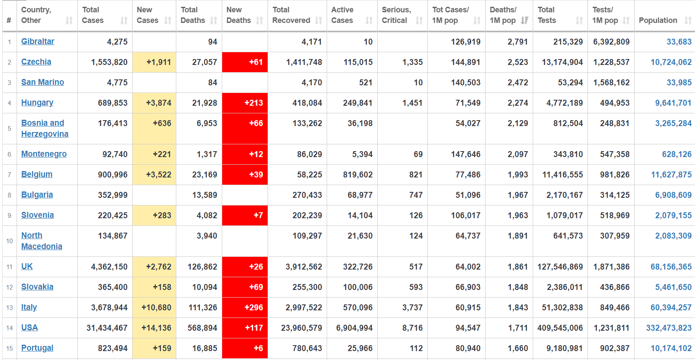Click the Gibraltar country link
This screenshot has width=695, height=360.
click(38, 42)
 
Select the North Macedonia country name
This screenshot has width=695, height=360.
click(41, 241)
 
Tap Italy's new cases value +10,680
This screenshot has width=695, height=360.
click(156, 307)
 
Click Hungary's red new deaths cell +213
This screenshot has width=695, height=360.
click(254, 103)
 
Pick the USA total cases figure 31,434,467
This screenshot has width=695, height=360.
click(107, 328)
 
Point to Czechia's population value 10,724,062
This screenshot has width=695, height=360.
click(671, 62)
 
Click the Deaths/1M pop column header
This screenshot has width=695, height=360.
click(503, 15)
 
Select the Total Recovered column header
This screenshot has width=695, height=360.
click(291, 15)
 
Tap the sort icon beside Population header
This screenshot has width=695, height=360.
click(688, 20)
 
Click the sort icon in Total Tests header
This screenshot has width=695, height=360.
click(579, 20)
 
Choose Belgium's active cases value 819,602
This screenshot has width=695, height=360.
click(358, 174)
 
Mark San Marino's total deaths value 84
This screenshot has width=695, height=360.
click(212, 82)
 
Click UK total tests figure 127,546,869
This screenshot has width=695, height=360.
click(560, 267)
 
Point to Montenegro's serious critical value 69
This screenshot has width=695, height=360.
click(418, 154)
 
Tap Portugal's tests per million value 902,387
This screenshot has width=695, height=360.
click(615, 348)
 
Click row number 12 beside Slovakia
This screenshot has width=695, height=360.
click(9, 287)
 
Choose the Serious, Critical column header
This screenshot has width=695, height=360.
click(396, 15)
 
